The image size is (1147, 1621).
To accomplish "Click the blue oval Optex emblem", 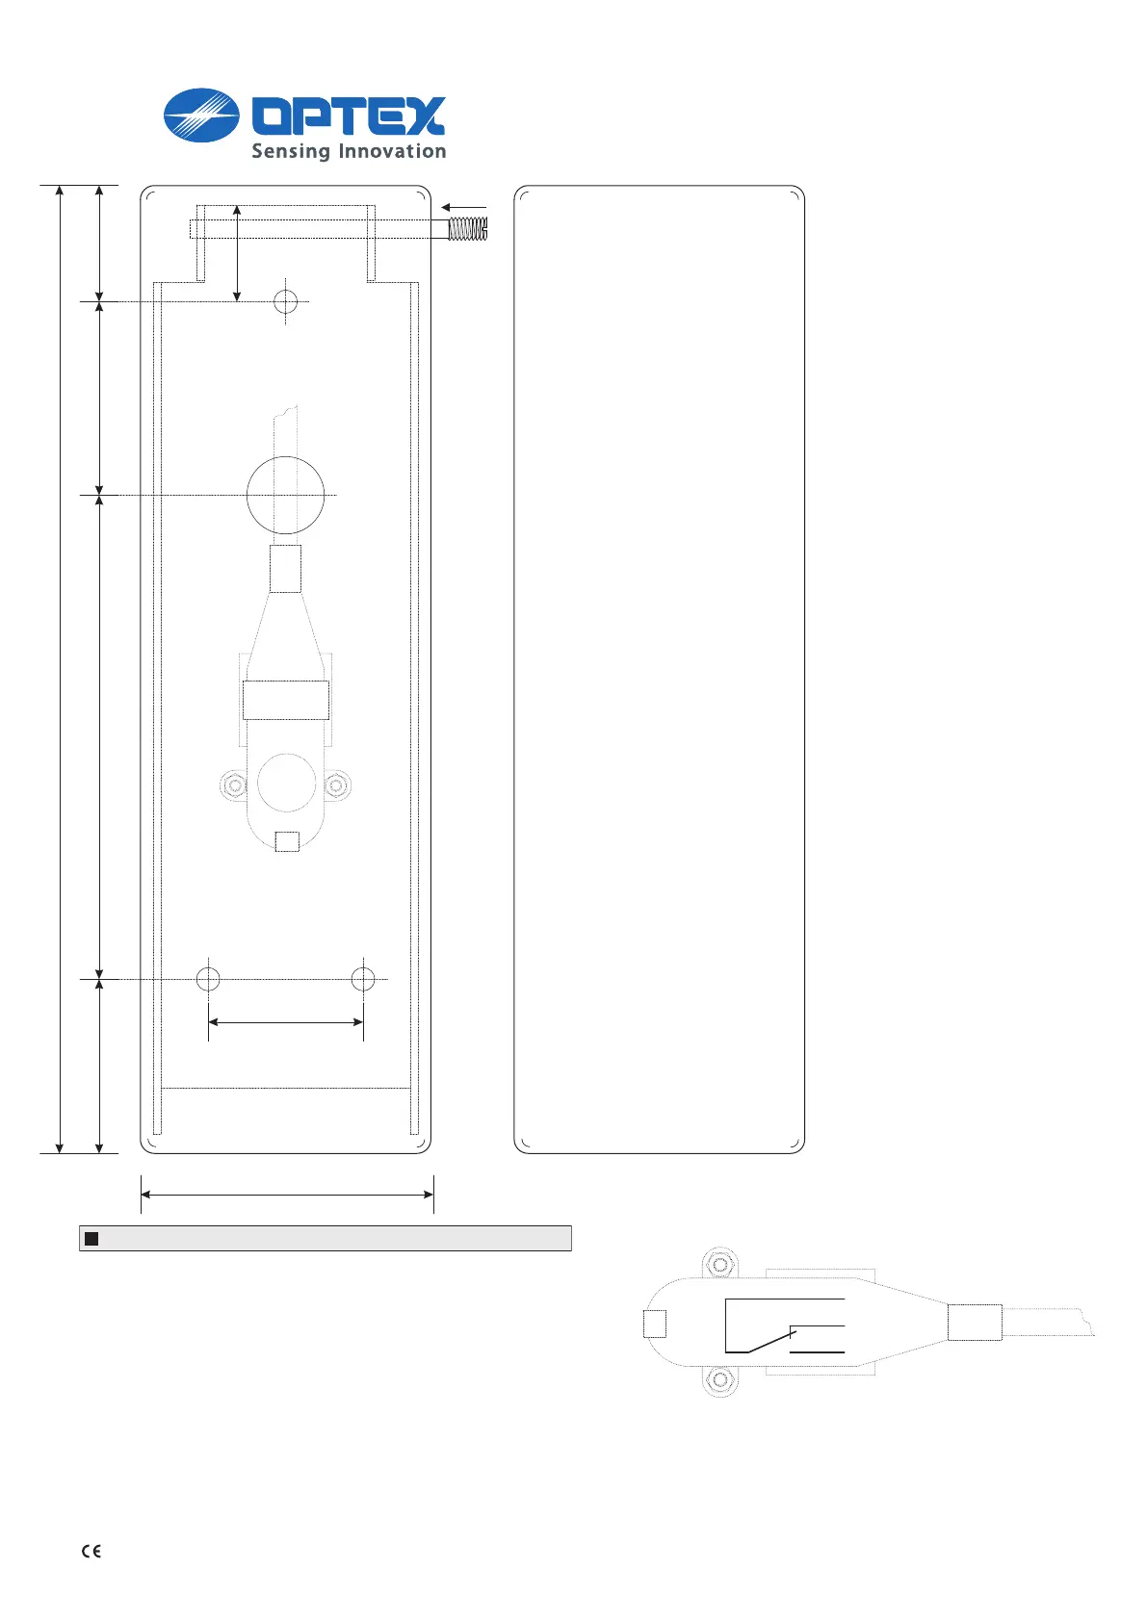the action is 201,116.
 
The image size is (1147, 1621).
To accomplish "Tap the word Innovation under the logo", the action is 393,150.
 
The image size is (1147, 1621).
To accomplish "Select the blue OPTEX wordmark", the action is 349,116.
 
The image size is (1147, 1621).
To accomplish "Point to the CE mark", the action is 91,1551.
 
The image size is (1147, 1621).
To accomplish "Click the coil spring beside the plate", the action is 468,229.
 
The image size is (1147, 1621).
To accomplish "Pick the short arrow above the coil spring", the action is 463,208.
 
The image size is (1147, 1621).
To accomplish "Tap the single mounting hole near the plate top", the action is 285,301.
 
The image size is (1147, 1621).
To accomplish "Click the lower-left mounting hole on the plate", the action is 208,979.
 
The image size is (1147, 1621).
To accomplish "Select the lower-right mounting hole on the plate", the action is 363,979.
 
